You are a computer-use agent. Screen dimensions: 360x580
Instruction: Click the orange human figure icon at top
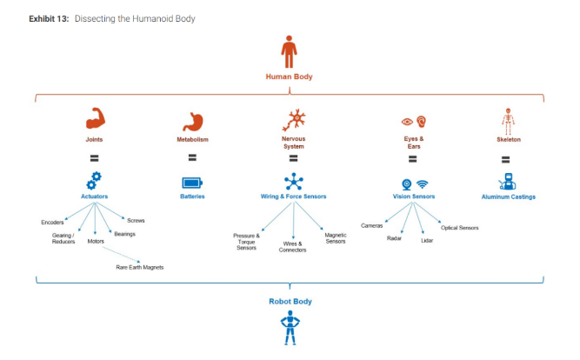point(289,51)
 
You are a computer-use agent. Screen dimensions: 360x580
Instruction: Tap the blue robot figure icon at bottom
point(289,331)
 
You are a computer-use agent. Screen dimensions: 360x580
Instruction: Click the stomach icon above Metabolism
point(192,121)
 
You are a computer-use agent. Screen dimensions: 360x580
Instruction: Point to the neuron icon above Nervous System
point(293,119)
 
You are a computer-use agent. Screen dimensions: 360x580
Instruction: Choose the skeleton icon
point(508,120)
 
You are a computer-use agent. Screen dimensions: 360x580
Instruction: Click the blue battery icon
point(192,183)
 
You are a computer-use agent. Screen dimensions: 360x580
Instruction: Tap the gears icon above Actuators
point(94,181)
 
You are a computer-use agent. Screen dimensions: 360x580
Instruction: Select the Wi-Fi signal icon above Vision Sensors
point(423,184)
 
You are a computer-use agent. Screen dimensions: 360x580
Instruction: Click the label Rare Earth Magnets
point(139,267)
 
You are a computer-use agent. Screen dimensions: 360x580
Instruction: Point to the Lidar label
point(426,239)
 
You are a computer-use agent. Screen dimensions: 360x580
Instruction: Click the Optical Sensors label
point(459,228)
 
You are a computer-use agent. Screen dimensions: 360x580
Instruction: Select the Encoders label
point(52,222)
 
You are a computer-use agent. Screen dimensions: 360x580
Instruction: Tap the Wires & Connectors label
point(292,246)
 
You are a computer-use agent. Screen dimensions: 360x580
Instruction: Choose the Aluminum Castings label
point(509,197)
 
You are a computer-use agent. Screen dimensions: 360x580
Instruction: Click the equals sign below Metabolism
point(192,158)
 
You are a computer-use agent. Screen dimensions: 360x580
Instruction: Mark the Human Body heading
point(289,77)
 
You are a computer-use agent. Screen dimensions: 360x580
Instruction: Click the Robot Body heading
point(289,301)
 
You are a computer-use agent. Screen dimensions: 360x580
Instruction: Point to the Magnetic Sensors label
point(336,237)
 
